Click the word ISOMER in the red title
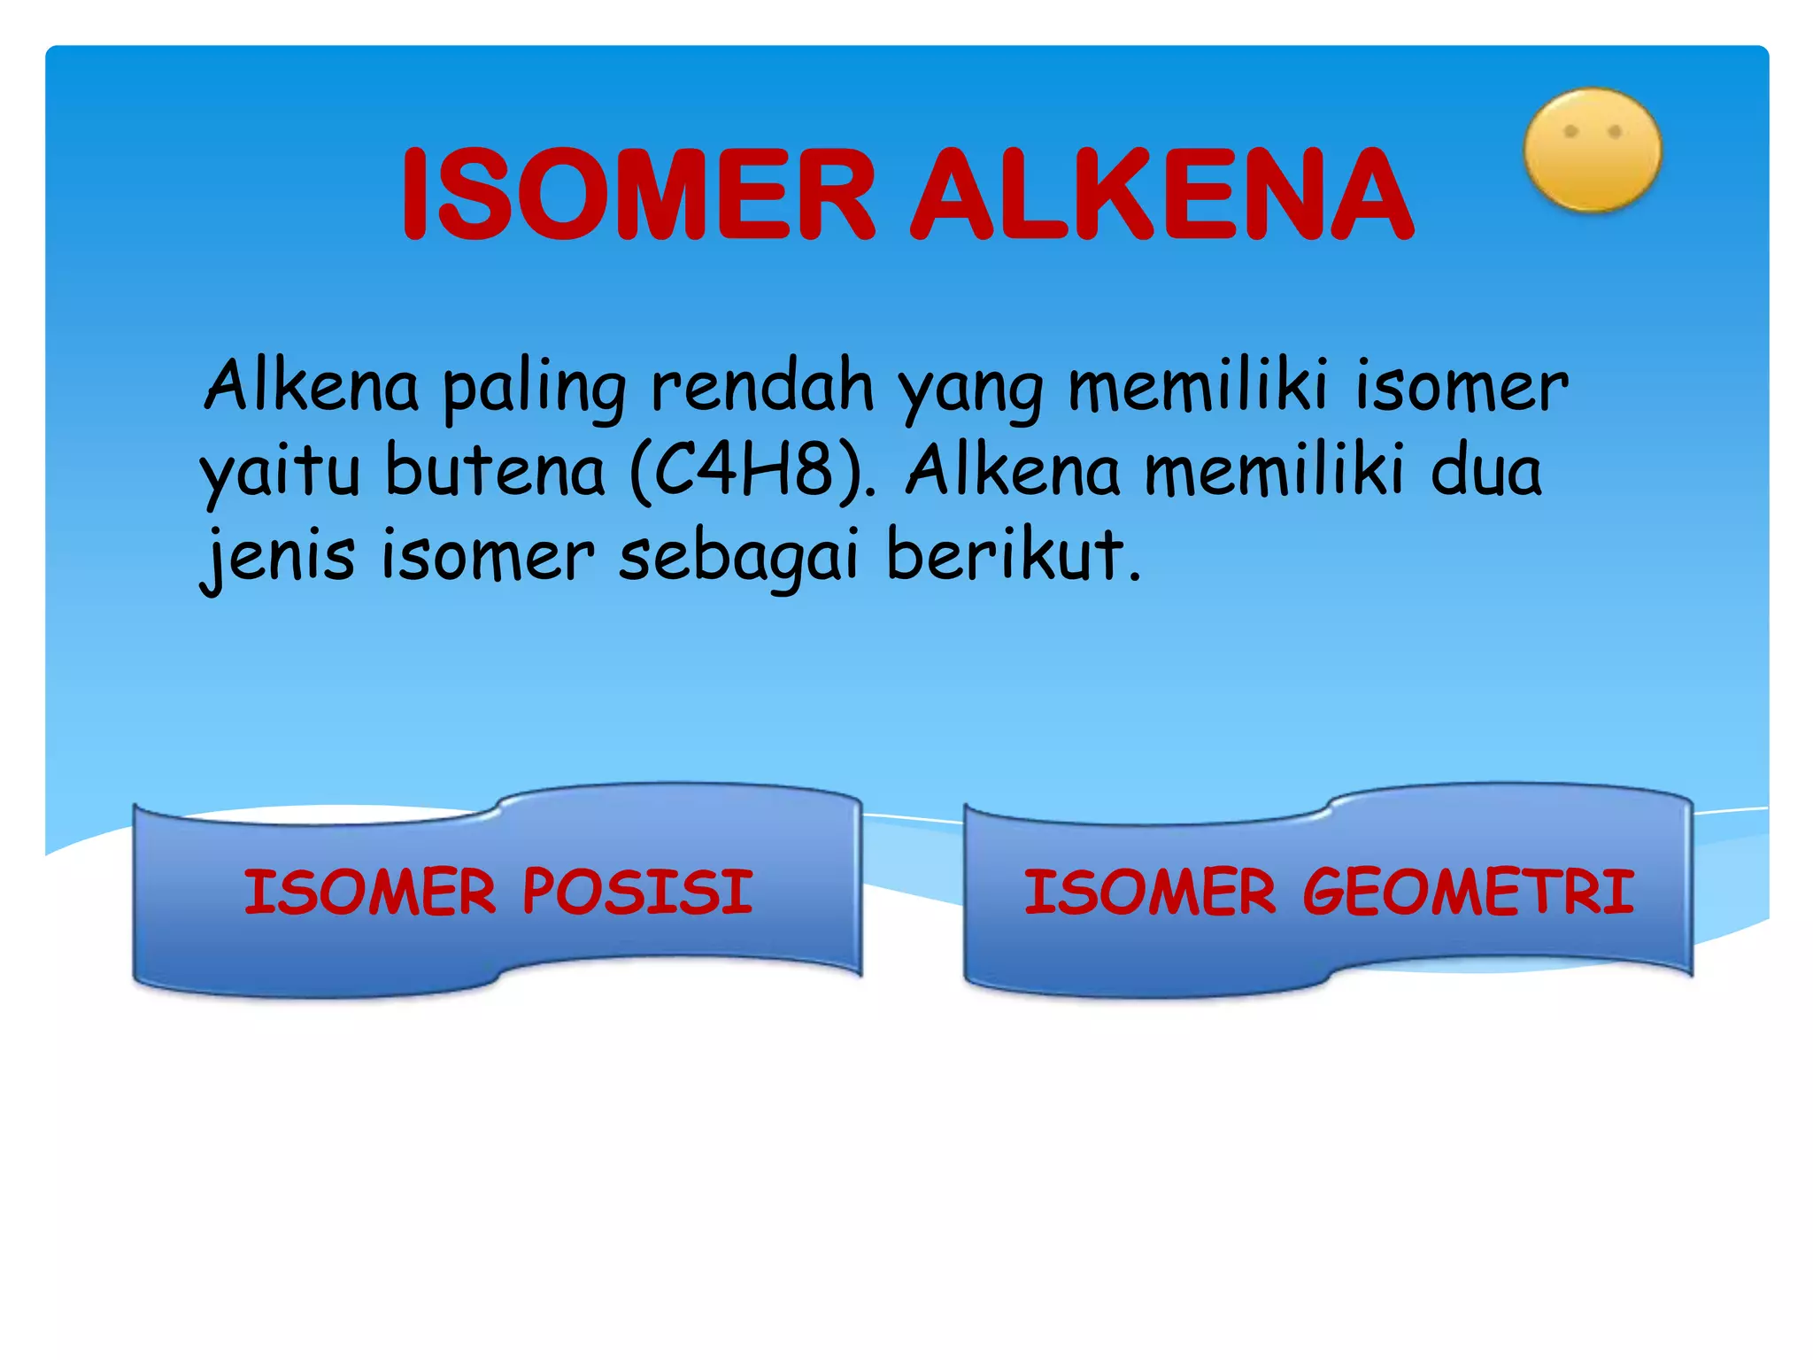(637, 195)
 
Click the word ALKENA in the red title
(1161, 195)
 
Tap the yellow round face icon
(1592, 151)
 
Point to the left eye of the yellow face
(1570, 132)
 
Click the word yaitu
(280, 473)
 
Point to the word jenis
(278, 556)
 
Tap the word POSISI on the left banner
(637, 892)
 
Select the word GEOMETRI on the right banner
(1468, 892)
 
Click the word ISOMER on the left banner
(370, 892)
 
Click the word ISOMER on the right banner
(1150, 892)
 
